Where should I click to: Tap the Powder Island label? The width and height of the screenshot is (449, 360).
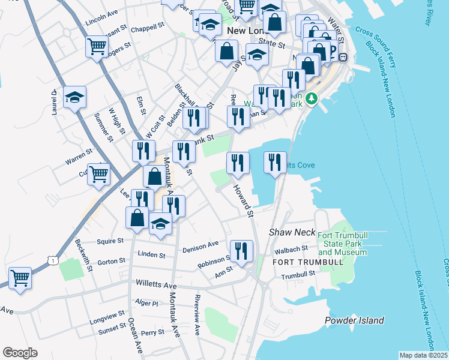pos(354,320)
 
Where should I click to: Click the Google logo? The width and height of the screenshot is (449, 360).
pos(20,353)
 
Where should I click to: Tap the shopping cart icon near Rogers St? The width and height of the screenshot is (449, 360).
pos(97,46)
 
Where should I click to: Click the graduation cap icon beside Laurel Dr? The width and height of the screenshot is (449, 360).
pos(74,97)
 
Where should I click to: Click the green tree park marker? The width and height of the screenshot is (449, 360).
pos(311,98)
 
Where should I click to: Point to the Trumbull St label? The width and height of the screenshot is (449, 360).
pos(298,274)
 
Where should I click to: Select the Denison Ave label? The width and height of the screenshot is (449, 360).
pos(200,245)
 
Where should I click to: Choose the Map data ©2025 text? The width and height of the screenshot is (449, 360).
pos(423,355)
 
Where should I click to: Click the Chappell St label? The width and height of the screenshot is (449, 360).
pos(148,26)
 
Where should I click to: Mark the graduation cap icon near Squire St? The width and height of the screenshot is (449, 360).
pos(160,224)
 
